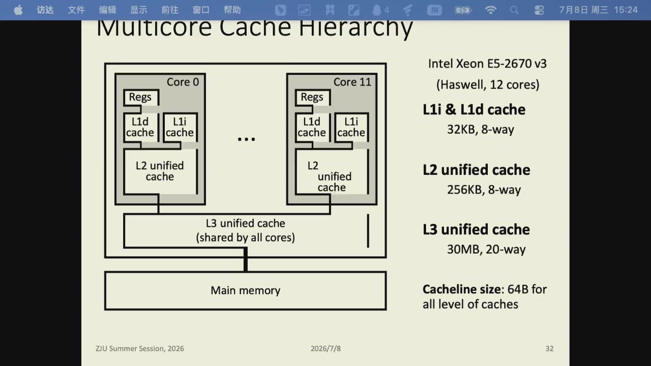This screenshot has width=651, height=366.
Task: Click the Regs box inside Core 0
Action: tap(141, 97)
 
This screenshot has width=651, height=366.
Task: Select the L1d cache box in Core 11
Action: tap(313, 127)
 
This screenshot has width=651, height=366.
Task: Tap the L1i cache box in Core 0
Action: tap(180, 127)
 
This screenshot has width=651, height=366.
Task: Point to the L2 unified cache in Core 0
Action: tap(160, 171)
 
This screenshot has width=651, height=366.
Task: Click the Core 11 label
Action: tap(352, 82)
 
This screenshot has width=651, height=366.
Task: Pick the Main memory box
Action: tap(246, 291)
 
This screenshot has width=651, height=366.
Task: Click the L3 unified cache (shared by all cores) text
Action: tap(246, 231)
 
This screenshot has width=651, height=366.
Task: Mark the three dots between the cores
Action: tap(247, 139)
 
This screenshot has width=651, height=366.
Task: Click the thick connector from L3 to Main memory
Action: tap(246, 259)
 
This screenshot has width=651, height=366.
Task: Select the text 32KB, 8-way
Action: tap(481, 130)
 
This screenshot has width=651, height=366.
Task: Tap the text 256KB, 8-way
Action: tap(484, 190)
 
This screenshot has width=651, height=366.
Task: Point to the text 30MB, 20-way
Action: tap(486, 250)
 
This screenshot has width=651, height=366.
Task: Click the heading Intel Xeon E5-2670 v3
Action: tap(487, 64)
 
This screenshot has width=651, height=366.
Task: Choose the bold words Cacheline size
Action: tap(462, 289)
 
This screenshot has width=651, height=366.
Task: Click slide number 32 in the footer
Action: tap(549, 349)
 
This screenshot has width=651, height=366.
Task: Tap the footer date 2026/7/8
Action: tap(325, 349)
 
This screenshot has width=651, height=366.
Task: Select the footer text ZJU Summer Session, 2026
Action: tap(140, 349)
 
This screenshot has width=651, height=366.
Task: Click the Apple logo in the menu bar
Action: tap(18, 10)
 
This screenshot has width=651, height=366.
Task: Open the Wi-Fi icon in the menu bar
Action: tap(491, 10)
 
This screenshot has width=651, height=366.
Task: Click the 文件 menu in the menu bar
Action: tap(76, 10)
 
